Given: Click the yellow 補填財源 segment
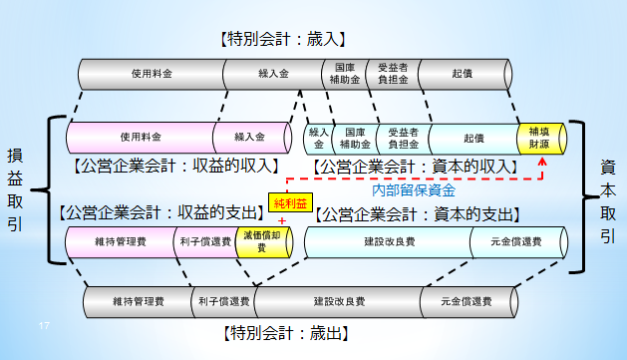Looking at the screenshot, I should pyautogui.click(x=539, y=135).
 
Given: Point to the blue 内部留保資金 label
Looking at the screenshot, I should pyautogui.click(x=413, y=187).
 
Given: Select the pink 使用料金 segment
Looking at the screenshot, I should pyautogui.click(x=140, y=136).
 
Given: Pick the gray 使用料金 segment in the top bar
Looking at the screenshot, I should pyautogui.click(x=151, y=73).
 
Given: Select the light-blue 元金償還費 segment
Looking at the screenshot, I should pyautogui.click(x=503, y=242).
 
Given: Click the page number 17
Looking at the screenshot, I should pyautogui.click(x=44, y=326).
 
